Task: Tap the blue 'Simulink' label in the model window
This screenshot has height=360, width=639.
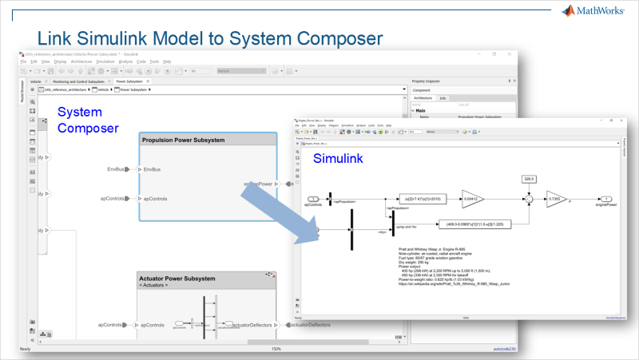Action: (x=337, y=159)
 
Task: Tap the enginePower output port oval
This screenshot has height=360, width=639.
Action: (x=608, y=199)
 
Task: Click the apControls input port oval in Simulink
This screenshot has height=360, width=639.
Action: (x=314, y=199)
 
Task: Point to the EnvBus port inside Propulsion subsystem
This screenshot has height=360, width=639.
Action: (x=151, y=169)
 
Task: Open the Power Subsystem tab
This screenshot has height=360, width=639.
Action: (x=129, y=81)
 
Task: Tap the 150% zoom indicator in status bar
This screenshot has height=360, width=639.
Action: (x=276, y=349)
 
